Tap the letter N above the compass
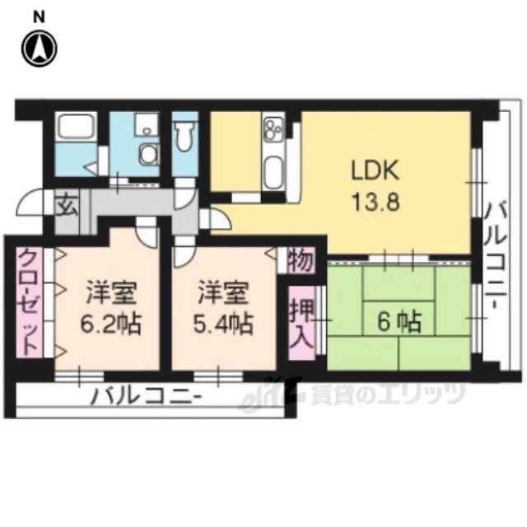pyautogui.click(x=40, y=18)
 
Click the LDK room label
pyautogui.click(x=375, y=170)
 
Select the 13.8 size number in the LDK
pyautogui.click(x=375, y=202)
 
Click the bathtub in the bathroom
pyautogui.click(x=76, y=127)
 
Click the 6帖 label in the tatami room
pyautogui.click(x=399, y=322)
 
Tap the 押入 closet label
pyautogui.click(x=302, y=323)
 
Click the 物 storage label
pyautogui.click(x=301, y=260)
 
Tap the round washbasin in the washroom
pyautogui.click(x=147, y=155)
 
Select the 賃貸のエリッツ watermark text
pyautogui.click(x=388, y=394)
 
